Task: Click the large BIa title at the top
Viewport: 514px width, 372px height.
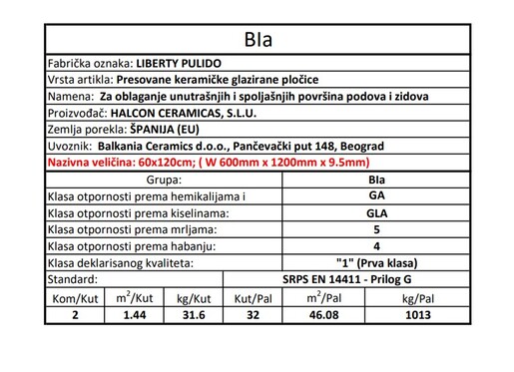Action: (x=257, y=41)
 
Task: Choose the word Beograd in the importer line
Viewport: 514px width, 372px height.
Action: (x=361, y=146)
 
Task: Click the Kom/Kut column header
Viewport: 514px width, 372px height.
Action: (x=75, y=297)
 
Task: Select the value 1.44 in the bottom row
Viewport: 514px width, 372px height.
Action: (x=133, y=314)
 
